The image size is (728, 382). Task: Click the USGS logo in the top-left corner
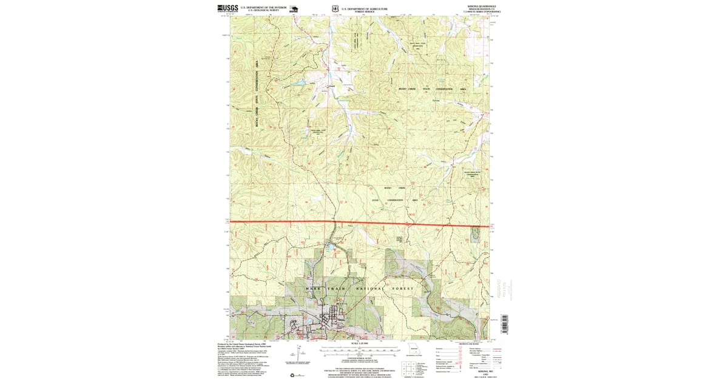pyautogui.click(x=225, y=8)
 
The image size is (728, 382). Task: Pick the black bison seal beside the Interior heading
pyautogui.click(x=294, y=9)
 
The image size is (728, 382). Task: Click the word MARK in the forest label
pyautogui.click(x=314, y=289)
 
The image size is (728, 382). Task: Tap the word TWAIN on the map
pyautogui.click(x=337, y=289)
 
